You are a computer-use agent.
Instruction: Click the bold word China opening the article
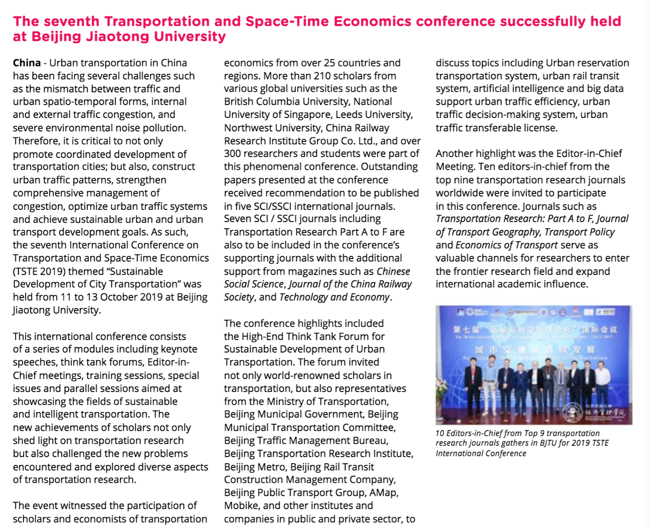27,63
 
